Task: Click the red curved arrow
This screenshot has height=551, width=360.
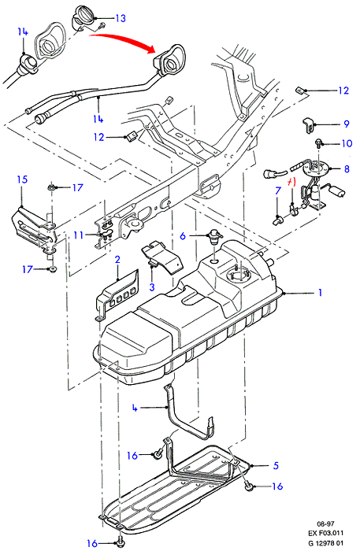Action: pyautogui.click(x=123, y=39)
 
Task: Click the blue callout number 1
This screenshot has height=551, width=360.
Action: pyautogui.click(x=320, y=292)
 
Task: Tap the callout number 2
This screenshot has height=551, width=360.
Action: pyautogui.click(x=117, y=260)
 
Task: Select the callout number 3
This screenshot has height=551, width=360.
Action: pyautogui.click(x=152, y=287)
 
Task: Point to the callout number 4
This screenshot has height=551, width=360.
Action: pyautogui.click(x=135, y=408)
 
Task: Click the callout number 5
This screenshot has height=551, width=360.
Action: pyautogui.click(x=276, y=465)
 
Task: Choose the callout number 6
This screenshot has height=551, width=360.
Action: pyautogui.click(x=183, y=236)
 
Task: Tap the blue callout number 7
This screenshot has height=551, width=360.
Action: pyautogui.click(x=278, y=190)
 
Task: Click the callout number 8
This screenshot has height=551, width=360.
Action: pyautogui.click(x=347, y=169)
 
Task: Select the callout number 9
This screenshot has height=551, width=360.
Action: pyautogui.click(x=347, y=124)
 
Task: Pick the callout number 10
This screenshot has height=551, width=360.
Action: pyautogui.click(x=347, y=143)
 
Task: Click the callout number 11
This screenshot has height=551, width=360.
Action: pyautogui.click(x=79, y=235)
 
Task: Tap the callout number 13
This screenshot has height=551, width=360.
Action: pyautogui.click(x=121, y=18)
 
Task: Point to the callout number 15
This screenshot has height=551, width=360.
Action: pyautogui.click(x=22, y=179)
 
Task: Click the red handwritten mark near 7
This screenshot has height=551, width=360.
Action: pyautogui.click(x=291, y=183)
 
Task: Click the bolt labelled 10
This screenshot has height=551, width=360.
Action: pyautogui.click(x=318, y=142)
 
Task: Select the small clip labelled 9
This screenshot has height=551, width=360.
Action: pyautogui.click(x=308, y=125)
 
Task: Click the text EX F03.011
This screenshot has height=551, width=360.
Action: pyautogui.click(x=325, y=533)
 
